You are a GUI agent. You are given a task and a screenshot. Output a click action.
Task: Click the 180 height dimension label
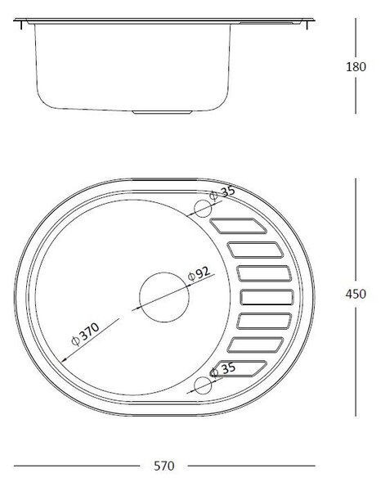coord(356,67)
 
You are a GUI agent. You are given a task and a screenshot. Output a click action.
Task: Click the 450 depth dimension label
coord(356,294)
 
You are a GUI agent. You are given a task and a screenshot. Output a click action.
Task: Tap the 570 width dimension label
coord(163,466)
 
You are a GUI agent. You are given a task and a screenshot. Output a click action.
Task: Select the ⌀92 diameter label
coord(199,274)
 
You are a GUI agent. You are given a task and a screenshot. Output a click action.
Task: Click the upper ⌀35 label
coord(222,192)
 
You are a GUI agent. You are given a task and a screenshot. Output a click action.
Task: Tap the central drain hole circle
coord(164,297)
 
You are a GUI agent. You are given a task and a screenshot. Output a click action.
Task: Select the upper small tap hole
coord(203,209)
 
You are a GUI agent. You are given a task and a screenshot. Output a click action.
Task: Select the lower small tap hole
coord(203,385)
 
